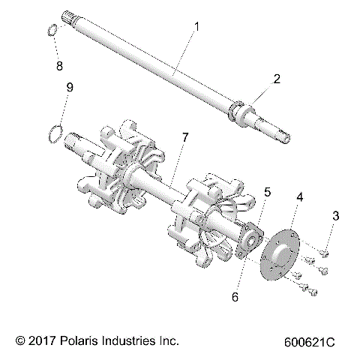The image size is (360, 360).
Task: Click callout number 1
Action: tap(196, 28)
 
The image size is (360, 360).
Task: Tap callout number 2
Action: tap(277, 78)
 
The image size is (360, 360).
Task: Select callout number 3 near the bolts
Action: tap(337, 217)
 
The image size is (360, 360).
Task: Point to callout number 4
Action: tap(300, 197)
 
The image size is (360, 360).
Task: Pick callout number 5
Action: tap(267, 193)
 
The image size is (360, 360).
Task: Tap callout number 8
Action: tap(59, 65)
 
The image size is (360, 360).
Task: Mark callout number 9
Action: tap(70, 88)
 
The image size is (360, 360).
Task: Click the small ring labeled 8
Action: tap(51, 31)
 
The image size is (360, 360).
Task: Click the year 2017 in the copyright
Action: tap(38, 340)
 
